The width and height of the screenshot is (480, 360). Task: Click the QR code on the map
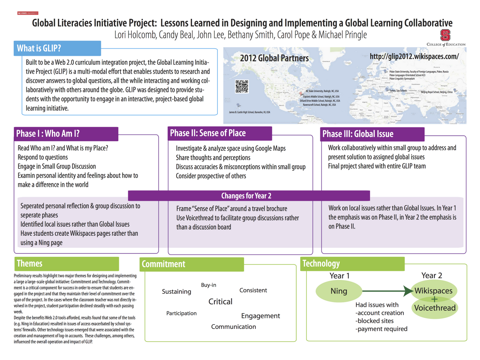point(242,86)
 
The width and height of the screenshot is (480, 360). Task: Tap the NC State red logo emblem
point(445,35)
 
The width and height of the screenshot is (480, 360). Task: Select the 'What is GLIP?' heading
point(39,48)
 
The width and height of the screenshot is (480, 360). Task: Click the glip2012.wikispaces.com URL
point(414,56)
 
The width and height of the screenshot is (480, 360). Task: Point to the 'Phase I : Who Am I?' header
point(48,134)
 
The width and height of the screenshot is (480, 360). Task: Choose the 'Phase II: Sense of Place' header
point(208,133)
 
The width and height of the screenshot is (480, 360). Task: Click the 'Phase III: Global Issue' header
point(358,134)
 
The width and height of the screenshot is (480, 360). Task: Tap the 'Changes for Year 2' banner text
point(246,196)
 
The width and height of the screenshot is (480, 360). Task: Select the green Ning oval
point(339,291)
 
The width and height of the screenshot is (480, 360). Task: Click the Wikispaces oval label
point(433,291)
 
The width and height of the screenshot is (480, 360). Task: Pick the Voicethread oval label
point(435,308)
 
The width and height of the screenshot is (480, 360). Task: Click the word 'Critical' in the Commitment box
point(220,302)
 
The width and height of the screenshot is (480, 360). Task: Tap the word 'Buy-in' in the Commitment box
point(208,285)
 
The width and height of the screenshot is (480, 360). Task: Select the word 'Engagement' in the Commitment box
point(260,316)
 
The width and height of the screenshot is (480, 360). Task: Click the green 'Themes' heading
point(30,263)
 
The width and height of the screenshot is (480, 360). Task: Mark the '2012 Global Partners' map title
point(274,58)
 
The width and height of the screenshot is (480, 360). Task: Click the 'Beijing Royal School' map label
point(437,92)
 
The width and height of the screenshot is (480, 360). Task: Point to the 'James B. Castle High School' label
point(249,112)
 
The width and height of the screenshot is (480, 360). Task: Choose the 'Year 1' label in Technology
point(339,276)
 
